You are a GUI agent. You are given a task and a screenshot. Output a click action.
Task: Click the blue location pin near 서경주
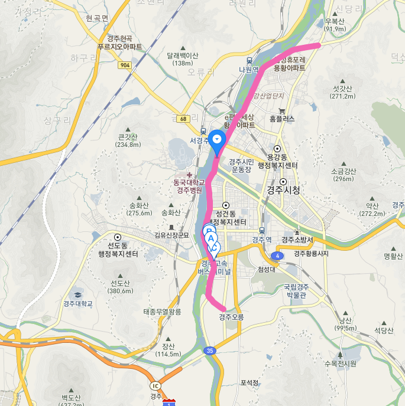218,139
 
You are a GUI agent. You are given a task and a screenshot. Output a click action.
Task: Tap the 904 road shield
124,65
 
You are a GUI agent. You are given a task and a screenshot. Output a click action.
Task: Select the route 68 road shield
184,119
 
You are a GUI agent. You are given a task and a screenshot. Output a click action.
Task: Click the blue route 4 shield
276,256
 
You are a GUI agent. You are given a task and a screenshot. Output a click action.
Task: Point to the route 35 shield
210,351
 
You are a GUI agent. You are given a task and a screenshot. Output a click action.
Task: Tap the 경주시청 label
283,190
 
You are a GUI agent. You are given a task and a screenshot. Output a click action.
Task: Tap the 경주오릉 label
231,317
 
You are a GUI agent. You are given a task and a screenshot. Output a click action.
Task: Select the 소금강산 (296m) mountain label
344,175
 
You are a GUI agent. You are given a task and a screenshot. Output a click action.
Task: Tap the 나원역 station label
249,69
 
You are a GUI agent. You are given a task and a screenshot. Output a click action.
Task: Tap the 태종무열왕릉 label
161,311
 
